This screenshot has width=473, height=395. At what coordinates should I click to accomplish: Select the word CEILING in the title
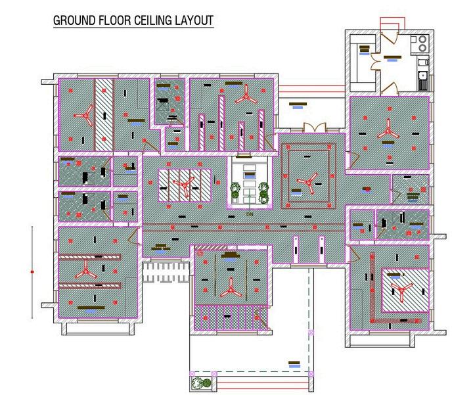153,20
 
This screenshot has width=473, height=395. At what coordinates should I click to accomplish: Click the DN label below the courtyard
250,214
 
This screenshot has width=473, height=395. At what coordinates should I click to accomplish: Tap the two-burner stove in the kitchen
420,44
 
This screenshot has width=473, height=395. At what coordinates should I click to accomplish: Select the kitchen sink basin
423,83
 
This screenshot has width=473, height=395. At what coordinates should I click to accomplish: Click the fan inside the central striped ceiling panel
184,185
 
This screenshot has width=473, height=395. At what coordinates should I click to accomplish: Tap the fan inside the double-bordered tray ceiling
306,179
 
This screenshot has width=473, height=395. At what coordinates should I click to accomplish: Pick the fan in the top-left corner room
83,117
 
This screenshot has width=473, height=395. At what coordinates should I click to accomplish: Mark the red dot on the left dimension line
32,271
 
